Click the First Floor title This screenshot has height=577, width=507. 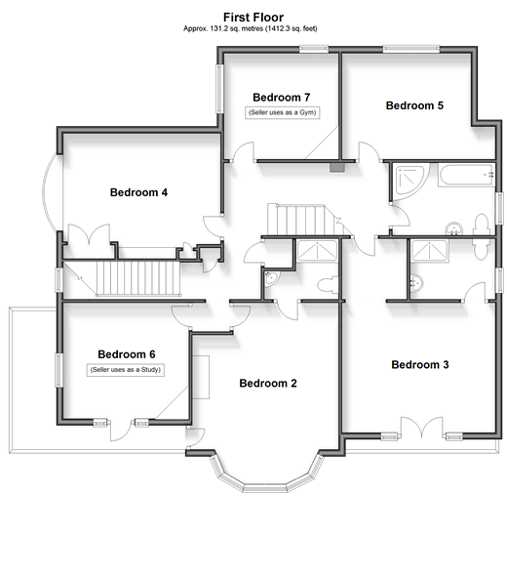click(x=253, y=18)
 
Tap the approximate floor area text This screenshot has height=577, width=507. click(x=251, y=28)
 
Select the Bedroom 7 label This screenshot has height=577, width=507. click(x=282, y=98)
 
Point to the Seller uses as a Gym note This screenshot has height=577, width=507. click(x=283, y=112)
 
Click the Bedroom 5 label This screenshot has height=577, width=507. click(x=414, y=105)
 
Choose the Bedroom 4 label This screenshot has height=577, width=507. click(x=138, y=192)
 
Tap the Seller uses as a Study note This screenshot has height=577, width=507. click(x=125, y=370)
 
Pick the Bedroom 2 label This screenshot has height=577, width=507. click(x=268, y=384)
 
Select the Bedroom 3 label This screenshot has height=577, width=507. click(x=420, y=365)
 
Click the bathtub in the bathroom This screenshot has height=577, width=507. click(x=467, y=175)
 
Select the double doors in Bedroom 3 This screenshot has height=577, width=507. click(x=421, y=427)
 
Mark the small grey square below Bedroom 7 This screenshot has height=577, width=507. click(x=337, y=168)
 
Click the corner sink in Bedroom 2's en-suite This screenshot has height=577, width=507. click(x=271, y=278)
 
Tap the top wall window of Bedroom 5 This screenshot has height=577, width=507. click(x=411, y=49)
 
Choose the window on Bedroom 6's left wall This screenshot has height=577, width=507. click(x=58, y=370)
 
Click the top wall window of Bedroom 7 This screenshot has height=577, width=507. click(x=313, y=49)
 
